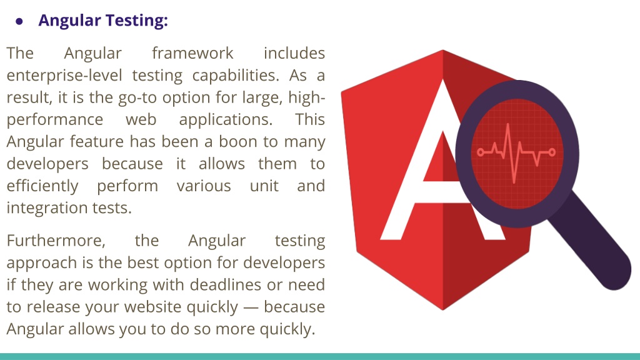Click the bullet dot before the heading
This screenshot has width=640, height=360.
click(x=19, y=21)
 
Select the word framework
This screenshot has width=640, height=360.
click(x=192, y=53)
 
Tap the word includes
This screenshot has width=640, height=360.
click(x=294, y=53)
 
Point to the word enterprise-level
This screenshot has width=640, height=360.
click(x=65, y=76)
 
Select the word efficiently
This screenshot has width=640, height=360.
click(x=42, y=186)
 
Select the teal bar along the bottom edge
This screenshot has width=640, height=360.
click(x=320, y=356)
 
